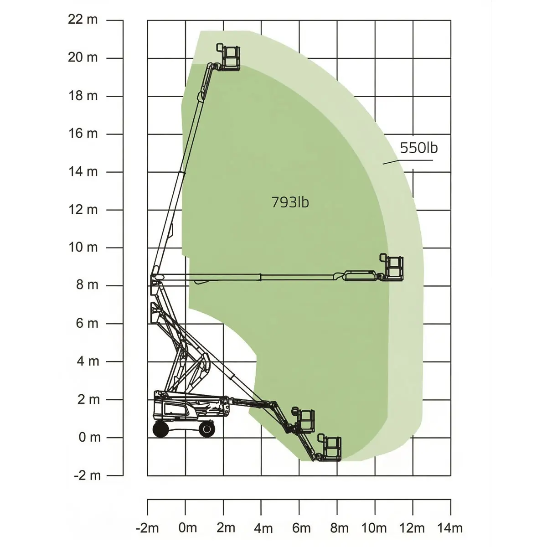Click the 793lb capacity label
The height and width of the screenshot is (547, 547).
point(290,202)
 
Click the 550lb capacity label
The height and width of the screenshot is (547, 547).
point(419,148)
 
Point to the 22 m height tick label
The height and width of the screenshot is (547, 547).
point(83,20)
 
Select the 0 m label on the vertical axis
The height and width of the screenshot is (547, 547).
point(90,438)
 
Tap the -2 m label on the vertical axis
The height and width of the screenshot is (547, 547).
point(88,475)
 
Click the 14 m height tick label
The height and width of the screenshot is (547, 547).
point(83,172)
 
